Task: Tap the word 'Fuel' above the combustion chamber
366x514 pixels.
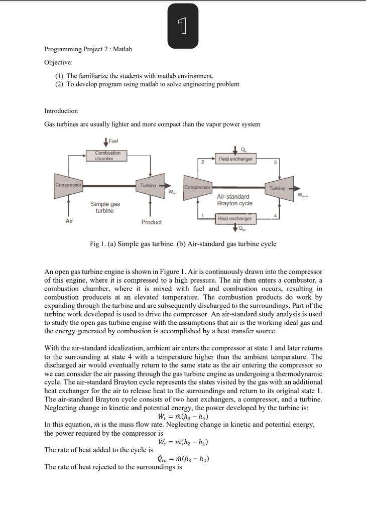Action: pos(111,141)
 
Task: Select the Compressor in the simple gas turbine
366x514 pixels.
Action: pos(69,185)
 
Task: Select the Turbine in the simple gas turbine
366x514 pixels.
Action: pos(149,185)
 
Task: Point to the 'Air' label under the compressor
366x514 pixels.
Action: pos(69,221)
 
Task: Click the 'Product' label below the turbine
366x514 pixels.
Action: pos(151,222)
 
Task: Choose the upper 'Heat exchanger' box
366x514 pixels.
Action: pos(235,159)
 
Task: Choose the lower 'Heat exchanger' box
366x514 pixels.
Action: pos(235,219)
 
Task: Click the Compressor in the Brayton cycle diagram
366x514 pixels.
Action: pos(197,188)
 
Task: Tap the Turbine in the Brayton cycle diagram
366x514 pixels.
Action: pos(278,188)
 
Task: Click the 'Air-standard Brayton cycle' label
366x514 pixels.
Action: pos(234,200)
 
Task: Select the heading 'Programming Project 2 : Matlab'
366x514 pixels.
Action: pos(88,49)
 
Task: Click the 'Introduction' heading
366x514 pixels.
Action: pos(61,110)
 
